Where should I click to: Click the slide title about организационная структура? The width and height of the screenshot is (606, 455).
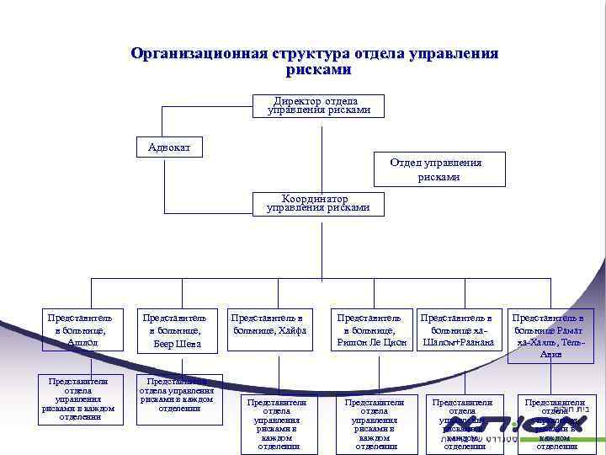point(314,62)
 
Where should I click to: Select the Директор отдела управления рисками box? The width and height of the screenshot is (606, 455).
point(318,105)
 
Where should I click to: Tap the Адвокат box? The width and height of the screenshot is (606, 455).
point(169,147)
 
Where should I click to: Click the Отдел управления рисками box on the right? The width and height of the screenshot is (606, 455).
point(439,169)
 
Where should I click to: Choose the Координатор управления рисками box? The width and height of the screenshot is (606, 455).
point(318,203)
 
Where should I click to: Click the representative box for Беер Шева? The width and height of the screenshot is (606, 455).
point(174,329)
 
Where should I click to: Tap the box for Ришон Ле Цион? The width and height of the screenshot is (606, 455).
point(371,330)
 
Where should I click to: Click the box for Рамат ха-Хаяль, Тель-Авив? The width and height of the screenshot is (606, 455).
point(550,335)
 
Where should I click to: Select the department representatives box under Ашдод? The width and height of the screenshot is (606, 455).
point(80,398)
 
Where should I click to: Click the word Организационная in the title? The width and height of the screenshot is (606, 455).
point(198,54)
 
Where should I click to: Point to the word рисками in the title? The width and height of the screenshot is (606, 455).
point(318,70)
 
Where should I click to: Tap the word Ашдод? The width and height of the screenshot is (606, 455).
point(82,342)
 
